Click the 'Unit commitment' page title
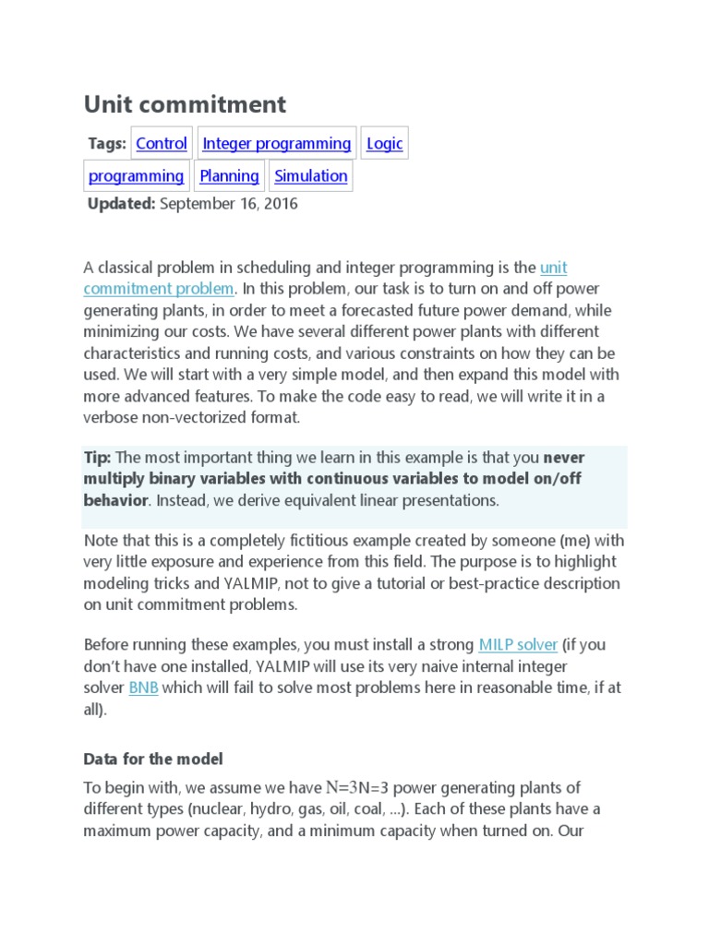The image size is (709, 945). [x=185, y=104]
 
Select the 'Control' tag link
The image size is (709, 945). [x=162, y=144]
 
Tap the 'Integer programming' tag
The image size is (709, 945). [x=276, y=144]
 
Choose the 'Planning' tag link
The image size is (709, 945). [x=229, y=176]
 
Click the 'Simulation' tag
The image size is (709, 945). [x=311, y=176]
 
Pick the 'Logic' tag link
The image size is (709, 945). [x=384, y=144]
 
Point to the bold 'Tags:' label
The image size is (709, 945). [x=106, y=144]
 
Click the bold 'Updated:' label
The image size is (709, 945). [x=121, y=204]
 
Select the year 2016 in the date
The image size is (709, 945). [x=280, y=204]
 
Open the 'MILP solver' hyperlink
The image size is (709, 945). [x=518, y=644]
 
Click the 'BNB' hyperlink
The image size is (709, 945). [x=143, y=688]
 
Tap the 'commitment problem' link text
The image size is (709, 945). [x=158, y=289]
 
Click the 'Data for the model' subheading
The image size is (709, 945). [x=153, y=759]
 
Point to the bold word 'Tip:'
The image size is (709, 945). [x=97, y=458]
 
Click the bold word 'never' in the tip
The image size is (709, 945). [x=563, y=458]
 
